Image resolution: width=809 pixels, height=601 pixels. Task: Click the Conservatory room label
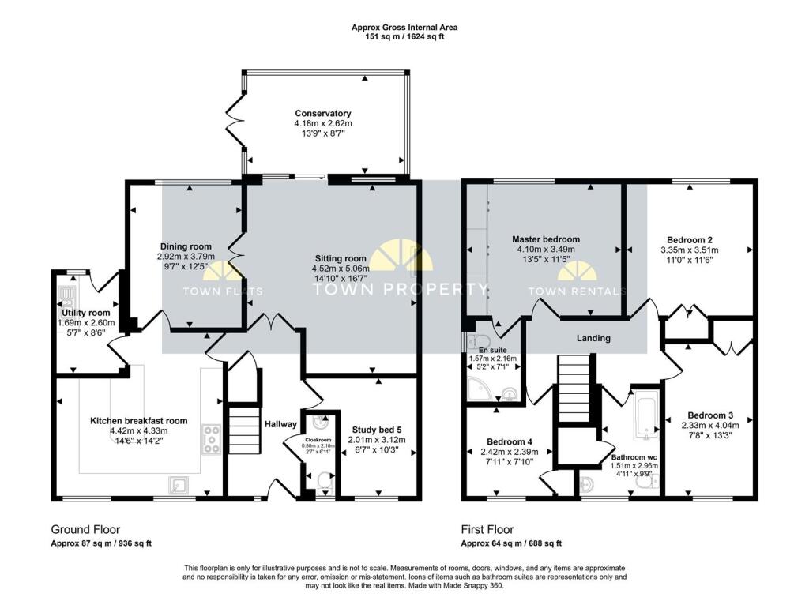[323, 114]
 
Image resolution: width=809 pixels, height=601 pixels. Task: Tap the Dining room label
[187, 246]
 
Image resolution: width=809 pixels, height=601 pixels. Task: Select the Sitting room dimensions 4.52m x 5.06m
[341, 268]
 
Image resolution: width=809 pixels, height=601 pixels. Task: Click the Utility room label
[86, 313]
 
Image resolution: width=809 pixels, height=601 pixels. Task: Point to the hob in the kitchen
[212, 438]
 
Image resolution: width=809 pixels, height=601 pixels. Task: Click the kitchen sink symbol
[179, 484]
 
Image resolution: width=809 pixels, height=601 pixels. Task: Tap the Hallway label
[280, 424]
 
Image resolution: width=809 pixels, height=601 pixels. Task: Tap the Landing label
[593, 338]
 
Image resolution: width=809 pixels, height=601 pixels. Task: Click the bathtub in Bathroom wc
[647, 415]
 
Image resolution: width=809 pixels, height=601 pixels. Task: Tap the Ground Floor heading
[86, 529]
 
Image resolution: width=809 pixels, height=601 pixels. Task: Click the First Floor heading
[487, 529]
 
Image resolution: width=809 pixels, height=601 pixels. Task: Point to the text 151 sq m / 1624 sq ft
[404, 36]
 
